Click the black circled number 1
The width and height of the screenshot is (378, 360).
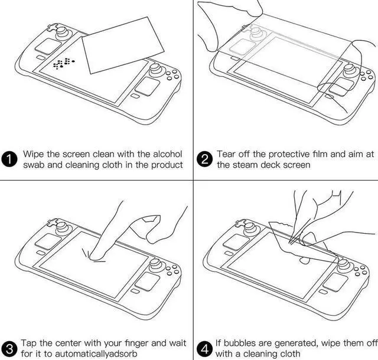coord(11,159)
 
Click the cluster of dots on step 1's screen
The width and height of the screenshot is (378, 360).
coord(64,63)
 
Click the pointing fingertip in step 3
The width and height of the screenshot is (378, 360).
coord(91,254)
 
